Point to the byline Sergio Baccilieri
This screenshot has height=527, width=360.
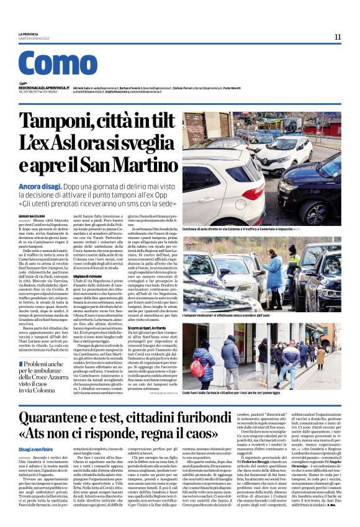click(32, 215)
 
